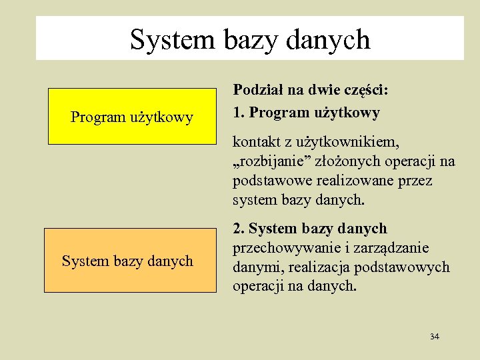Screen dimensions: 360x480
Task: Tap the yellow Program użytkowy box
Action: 132,117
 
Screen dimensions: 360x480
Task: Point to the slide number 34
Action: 435,336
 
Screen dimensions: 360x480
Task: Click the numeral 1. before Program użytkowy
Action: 238,113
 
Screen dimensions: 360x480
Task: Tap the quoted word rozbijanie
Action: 274,161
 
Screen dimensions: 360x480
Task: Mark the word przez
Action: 417,181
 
